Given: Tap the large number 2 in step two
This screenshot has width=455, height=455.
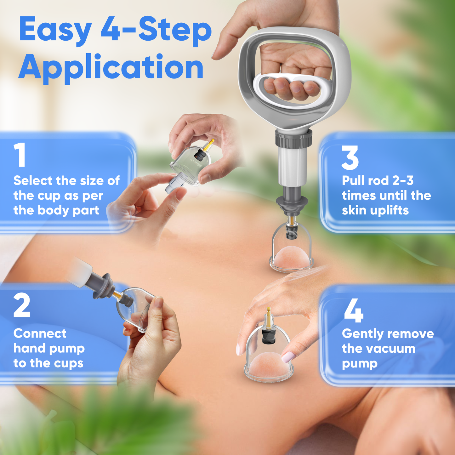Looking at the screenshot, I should coord(22,305).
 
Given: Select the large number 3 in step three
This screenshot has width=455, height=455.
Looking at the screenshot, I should coord(350,158).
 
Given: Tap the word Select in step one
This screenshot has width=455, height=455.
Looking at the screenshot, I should coord(33,181).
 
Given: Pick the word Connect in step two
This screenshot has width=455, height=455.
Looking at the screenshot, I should coord(40,333).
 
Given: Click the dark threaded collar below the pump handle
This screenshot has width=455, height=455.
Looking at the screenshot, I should coord(293,139).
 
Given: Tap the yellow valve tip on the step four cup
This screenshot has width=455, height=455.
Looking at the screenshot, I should coord(269,310).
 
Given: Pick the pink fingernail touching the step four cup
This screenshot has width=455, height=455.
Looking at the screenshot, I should coord(288,357).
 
